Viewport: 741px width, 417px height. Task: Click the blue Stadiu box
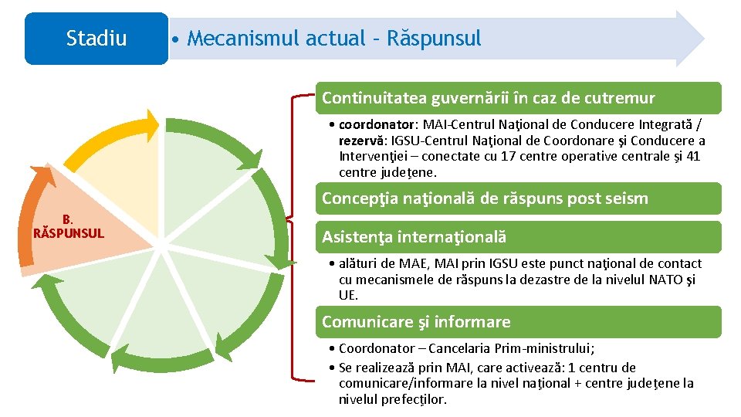click(96, 39)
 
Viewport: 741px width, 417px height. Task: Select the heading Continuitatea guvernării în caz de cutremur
click(488, 98)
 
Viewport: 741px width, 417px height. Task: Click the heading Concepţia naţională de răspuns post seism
click(485, 198)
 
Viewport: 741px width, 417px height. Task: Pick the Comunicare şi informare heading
click(416, 322)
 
